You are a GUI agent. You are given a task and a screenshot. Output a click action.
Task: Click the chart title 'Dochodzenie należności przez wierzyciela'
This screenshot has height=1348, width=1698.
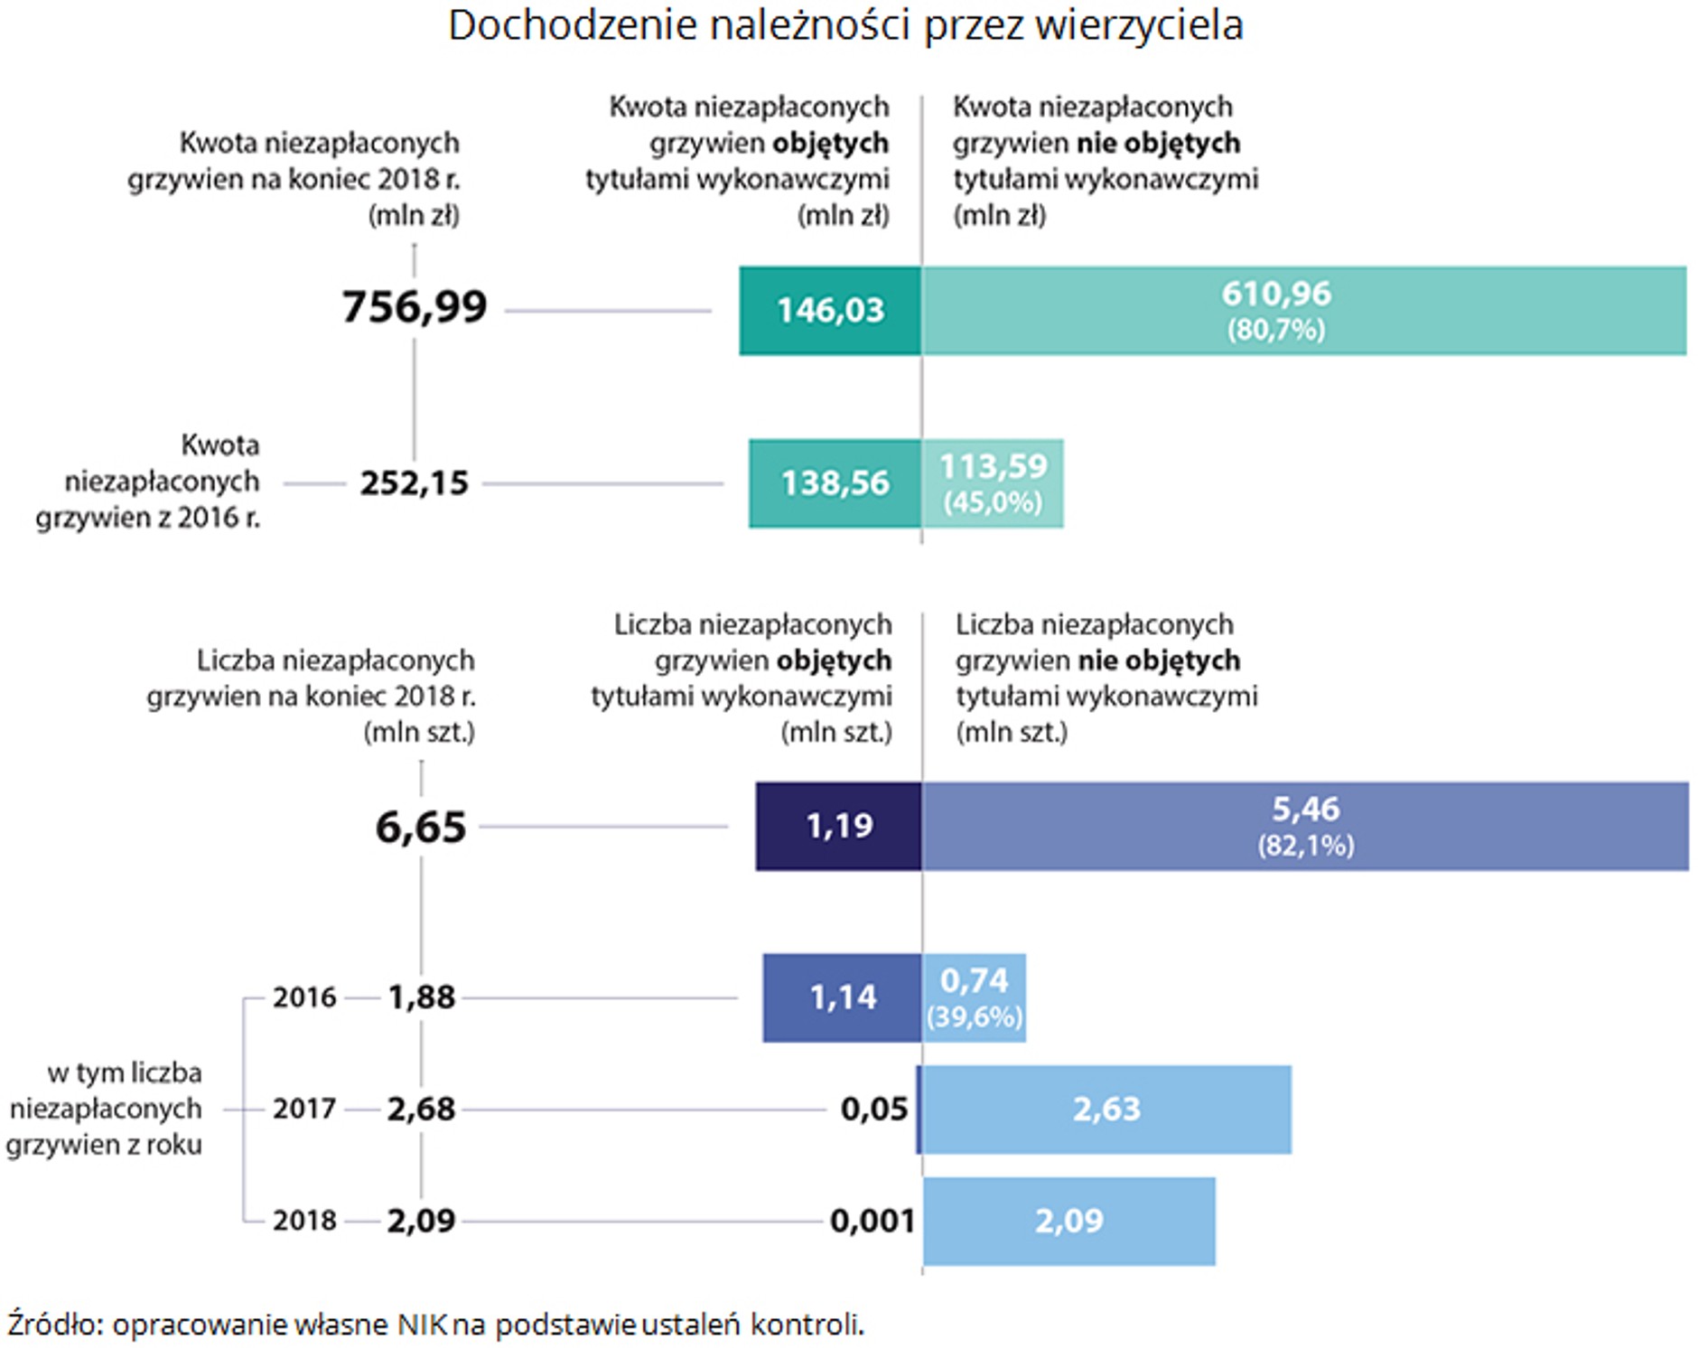(x=845, y=25)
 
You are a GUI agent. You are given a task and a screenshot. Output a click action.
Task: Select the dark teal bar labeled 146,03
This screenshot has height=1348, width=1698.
(x=829, y=310)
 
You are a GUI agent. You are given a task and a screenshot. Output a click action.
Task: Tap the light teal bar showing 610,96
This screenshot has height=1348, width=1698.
(x=1302, y=310)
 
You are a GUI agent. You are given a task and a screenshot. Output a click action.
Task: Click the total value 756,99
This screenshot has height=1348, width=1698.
(x=414, y=307)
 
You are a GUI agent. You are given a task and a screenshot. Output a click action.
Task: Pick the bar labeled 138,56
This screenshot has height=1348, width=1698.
(x=835, y=483)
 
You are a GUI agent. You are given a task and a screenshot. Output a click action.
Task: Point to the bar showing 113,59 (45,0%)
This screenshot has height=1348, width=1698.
(x=992, y=483)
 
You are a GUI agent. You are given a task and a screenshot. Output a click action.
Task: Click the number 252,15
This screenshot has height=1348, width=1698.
(x=414, y=483)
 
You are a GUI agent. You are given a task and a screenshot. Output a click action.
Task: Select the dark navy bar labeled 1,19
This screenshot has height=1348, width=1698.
(x=838, y=826)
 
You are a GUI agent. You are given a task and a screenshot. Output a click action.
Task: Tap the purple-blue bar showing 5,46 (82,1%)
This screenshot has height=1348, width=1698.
(x=1304, y=826)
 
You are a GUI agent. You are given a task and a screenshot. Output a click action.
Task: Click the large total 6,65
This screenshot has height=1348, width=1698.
(x=420, y=827)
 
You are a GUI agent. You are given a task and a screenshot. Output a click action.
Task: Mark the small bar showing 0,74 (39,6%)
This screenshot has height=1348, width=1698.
(x=974, y=997)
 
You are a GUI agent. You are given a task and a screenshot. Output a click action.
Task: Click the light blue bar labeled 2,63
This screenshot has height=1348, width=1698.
(x=1106, y=1109)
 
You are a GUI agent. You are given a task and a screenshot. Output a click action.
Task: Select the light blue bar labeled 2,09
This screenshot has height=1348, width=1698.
(x=1068, y=1221)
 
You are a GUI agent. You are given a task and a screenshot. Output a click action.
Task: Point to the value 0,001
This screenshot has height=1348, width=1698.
(x=872, y=1222)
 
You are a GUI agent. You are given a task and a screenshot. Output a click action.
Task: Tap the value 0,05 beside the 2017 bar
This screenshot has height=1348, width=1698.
(x=873, y=1109)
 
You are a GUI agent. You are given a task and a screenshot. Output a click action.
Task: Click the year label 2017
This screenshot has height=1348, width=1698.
(x=304, y=1109)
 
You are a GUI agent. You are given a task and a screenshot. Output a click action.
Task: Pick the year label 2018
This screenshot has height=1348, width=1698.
(x=304, y=1221)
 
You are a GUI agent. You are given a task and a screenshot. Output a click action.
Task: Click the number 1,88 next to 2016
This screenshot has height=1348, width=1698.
(x=421, y=997)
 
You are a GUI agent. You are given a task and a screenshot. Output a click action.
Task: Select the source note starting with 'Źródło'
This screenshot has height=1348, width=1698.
(x=435, y=1325)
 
